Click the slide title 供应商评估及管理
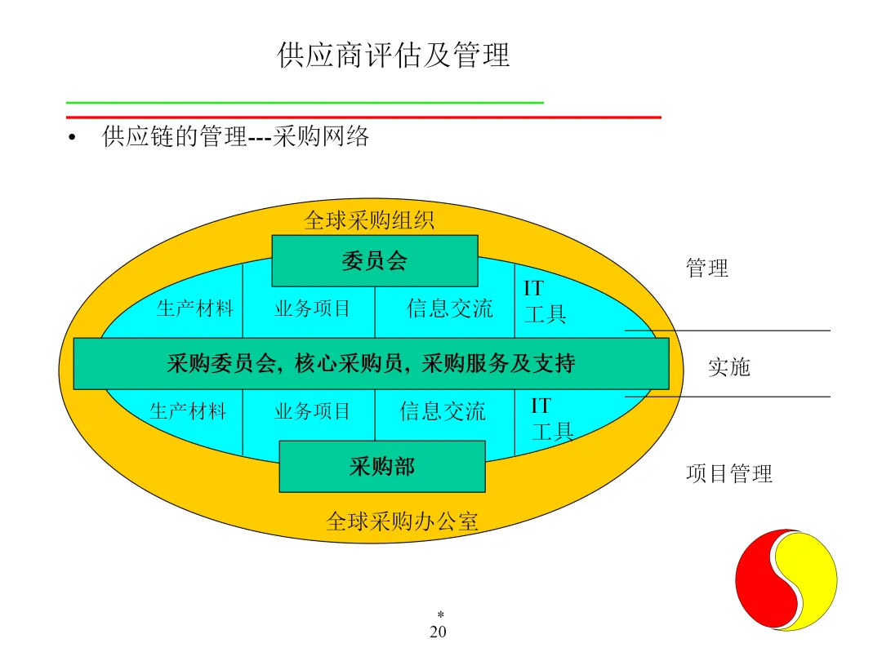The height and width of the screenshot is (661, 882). pos(393,55)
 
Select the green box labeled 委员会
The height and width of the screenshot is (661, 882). pos(375,261)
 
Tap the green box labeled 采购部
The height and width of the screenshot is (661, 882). pos(382,467)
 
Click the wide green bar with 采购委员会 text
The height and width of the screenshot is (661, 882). pos(372,363)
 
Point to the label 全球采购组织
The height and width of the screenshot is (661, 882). pos(369,220)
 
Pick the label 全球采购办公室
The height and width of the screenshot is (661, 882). pos(402,521)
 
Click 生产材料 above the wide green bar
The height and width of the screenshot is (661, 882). pos(194,308)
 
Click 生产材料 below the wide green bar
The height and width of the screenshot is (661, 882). pos(188,410)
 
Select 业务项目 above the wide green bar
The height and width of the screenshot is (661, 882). pos(312,308)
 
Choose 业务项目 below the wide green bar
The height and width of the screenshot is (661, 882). pos(312,410)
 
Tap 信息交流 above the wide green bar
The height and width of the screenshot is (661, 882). pos(450,308)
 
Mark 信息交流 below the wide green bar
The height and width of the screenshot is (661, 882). pos(443,410)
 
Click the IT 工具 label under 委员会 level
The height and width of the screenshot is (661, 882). pos(545,301)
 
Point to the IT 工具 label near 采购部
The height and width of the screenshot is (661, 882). pos(552,419)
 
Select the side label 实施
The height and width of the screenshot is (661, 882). pos(729,367)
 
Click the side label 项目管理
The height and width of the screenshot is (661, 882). pos(729,473)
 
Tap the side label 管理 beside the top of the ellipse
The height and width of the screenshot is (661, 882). pos(707,268)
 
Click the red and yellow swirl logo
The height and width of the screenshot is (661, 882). pos(786,579)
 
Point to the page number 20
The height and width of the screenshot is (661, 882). pos(439,632)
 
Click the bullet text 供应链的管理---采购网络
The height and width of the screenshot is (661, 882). pos(235,136)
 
